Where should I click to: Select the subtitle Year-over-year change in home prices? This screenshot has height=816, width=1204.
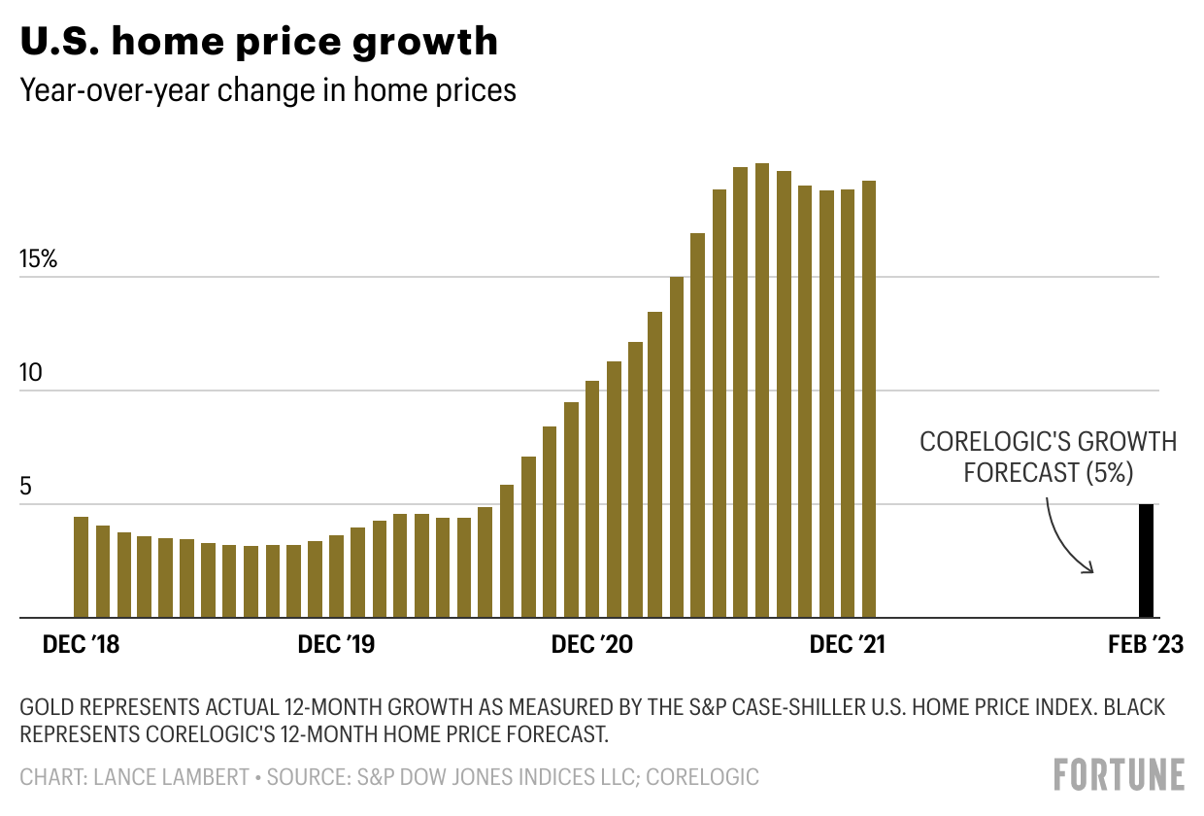pos(268,90)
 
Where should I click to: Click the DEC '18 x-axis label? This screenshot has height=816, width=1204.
pos(82,645)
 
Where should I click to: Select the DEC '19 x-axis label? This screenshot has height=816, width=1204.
pos(336,645)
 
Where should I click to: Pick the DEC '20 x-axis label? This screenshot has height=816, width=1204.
pos(591,645)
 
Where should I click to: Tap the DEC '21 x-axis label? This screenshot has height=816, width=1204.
pos(847,645)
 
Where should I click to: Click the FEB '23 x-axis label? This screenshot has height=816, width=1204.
pos(1146,645)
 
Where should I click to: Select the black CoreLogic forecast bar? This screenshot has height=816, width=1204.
pos(1146,561)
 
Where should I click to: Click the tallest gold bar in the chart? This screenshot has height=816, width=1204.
pos(761,389)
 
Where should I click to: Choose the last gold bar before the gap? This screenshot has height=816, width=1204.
pos(868,398)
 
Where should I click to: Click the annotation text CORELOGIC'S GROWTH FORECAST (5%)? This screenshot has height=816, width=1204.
pos(1048,457)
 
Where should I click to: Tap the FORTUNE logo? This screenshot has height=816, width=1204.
pos(1119,775)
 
